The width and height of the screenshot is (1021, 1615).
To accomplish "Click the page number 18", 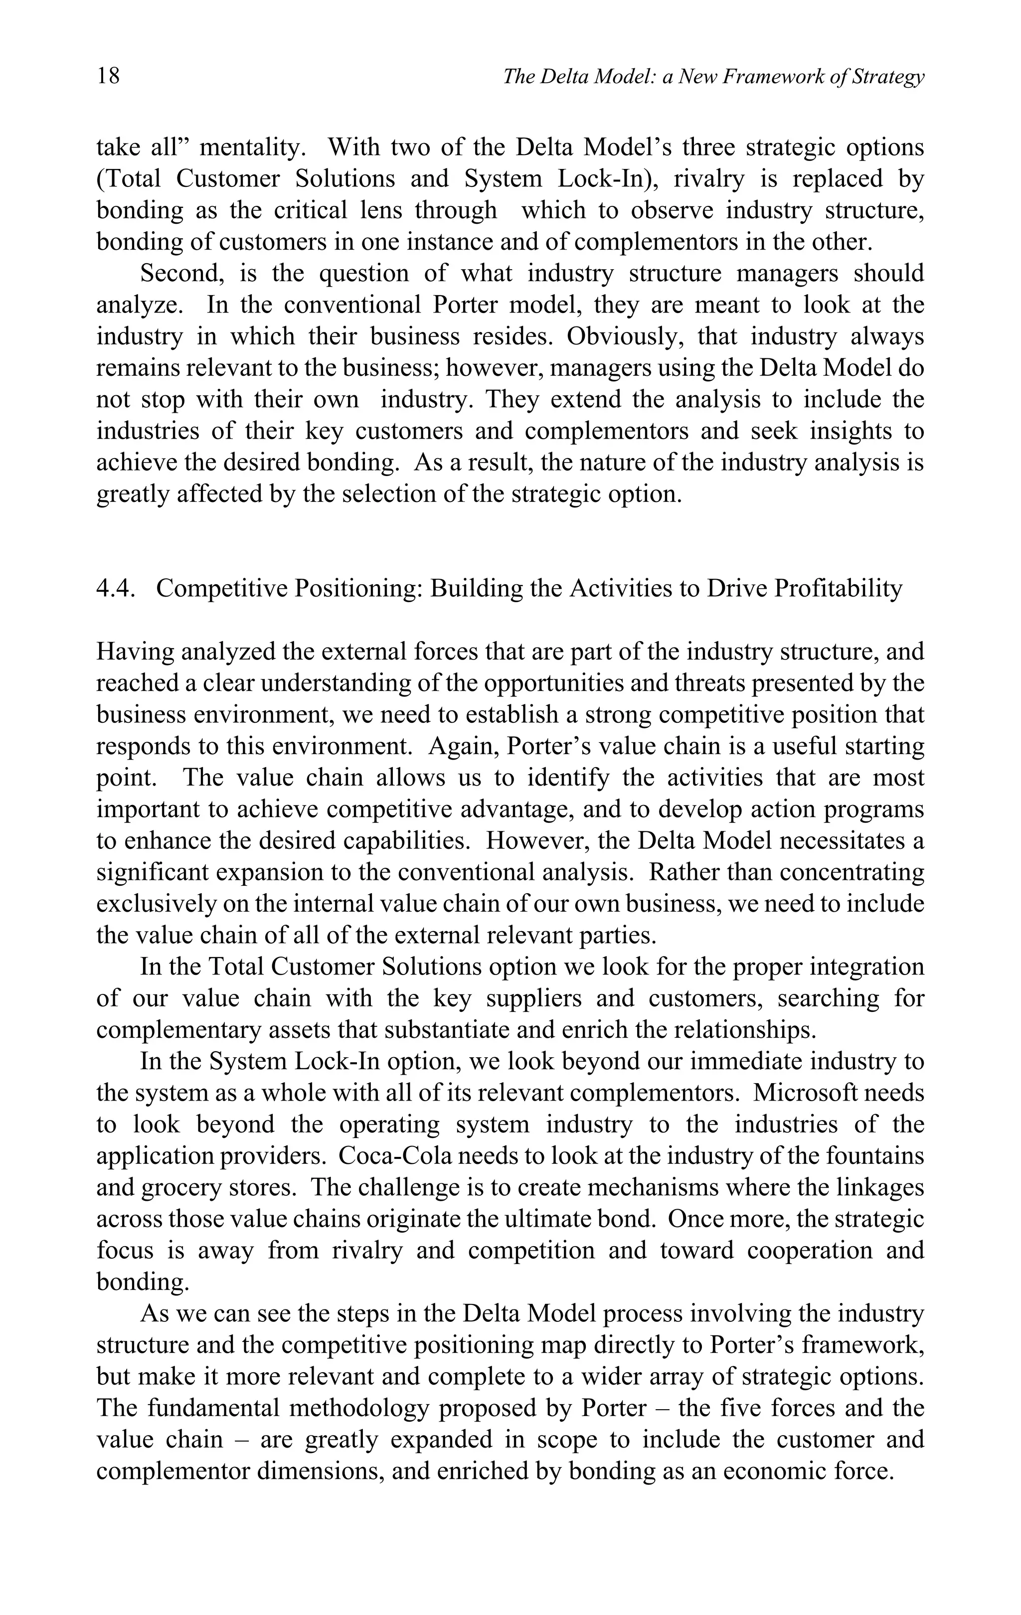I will point(109,75).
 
